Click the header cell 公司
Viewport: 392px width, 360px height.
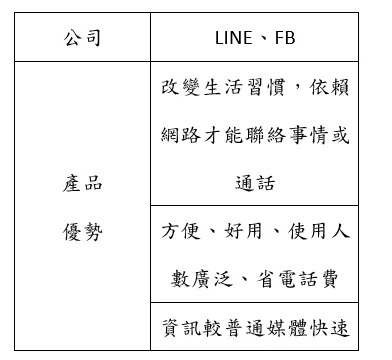tap(82, 40)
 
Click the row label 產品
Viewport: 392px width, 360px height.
tap(82, 184)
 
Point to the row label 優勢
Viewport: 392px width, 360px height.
tap(82, 232)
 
